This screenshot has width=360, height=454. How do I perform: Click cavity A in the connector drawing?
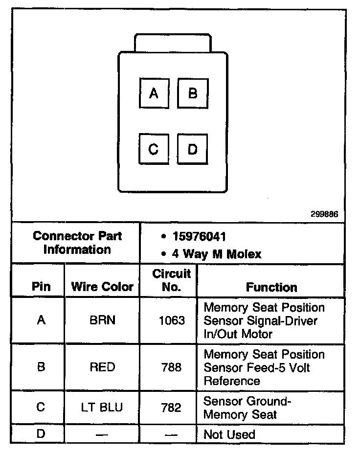154,93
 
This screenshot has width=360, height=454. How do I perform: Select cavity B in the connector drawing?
192,93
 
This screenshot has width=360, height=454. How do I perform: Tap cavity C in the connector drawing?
154,149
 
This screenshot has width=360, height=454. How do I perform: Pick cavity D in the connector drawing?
192,149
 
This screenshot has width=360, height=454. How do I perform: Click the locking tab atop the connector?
173,43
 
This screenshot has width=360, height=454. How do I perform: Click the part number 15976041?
199,237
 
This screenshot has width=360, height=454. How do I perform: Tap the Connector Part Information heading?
77,243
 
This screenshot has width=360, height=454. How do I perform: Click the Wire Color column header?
102,287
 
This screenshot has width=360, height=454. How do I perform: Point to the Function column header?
271,287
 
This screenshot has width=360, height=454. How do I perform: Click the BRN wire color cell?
102,321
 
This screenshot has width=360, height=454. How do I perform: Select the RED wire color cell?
102,367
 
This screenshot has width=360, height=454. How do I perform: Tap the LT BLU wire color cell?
102,408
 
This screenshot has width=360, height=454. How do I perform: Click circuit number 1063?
172,321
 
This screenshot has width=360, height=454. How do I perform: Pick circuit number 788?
171,367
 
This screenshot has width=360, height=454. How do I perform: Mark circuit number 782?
171,408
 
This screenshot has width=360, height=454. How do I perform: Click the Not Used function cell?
229,434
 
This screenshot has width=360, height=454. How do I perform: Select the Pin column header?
41,287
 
